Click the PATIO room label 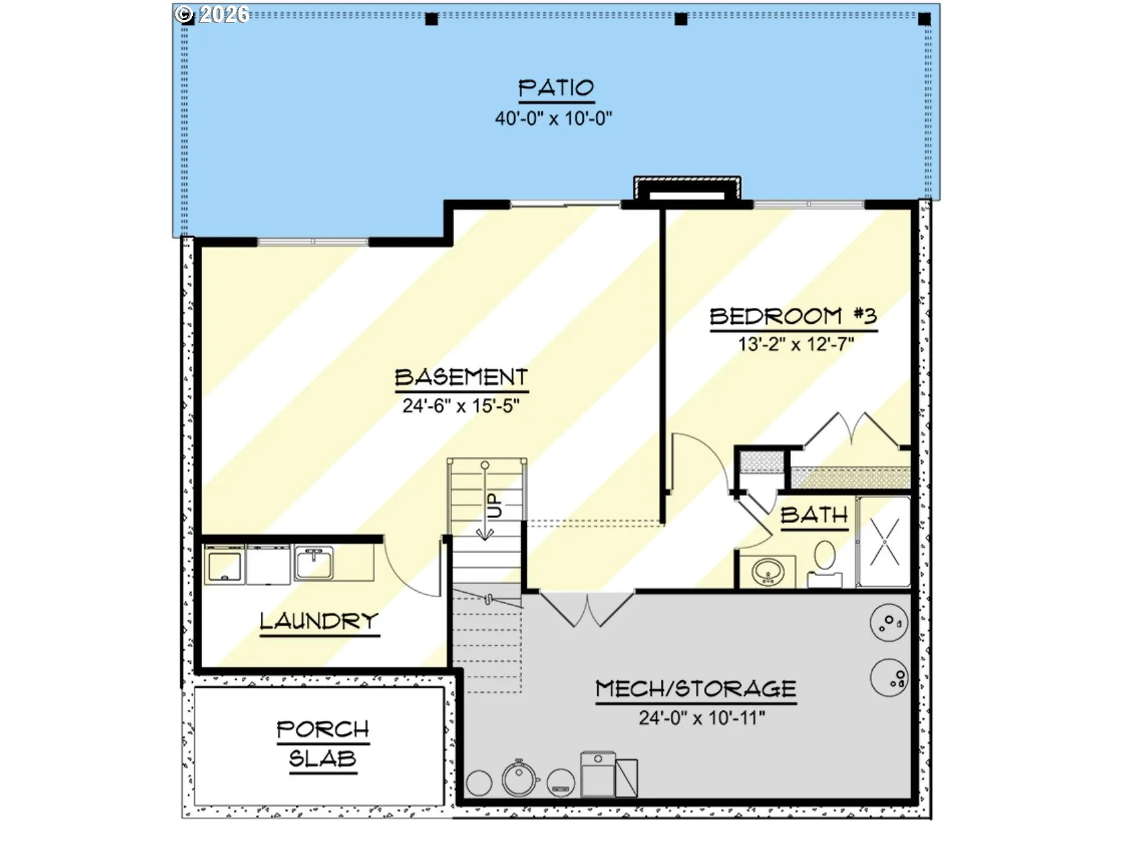556,88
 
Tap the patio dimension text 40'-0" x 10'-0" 554,119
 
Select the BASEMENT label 461,377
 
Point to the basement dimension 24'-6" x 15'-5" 461,406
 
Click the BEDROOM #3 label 793,316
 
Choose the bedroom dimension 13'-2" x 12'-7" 796,344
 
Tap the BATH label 814,515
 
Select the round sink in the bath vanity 768,572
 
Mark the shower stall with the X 883,542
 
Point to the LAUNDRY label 320,621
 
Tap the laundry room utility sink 314,563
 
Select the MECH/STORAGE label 696,689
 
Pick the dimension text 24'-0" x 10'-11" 702,718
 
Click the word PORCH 323,730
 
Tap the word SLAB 323,758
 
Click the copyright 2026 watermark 212,14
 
